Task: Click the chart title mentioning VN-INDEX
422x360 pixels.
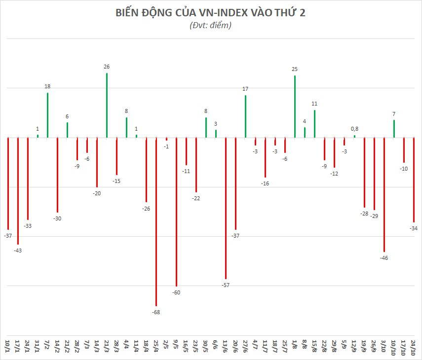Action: click(x=210, y=13)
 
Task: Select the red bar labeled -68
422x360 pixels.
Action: click(x=156, y=222)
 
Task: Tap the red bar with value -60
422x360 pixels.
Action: click(x=176, y=212)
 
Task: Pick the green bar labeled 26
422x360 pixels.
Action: click(x=107, y=106)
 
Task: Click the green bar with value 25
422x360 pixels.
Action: click(x=295, y=107)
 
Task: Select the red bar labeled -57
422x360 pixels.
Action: click(x=226, y=208)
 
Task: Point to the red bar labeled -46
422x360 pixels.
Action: click(x=384, y=195)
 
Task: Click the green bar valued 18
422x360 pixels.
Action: click(x=47, y=115)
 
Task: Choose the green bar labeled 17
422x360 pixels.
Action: click(x=245, y=116)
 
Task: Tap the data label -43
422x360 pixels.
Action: click(x=18, y=251)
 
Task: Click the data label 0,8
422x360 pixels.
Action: click(x=354, y=129)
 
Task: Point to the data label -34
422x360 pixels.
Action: click(x=414, y=228)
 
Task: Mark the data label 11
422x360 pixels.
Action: click(x=314, y=104)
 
